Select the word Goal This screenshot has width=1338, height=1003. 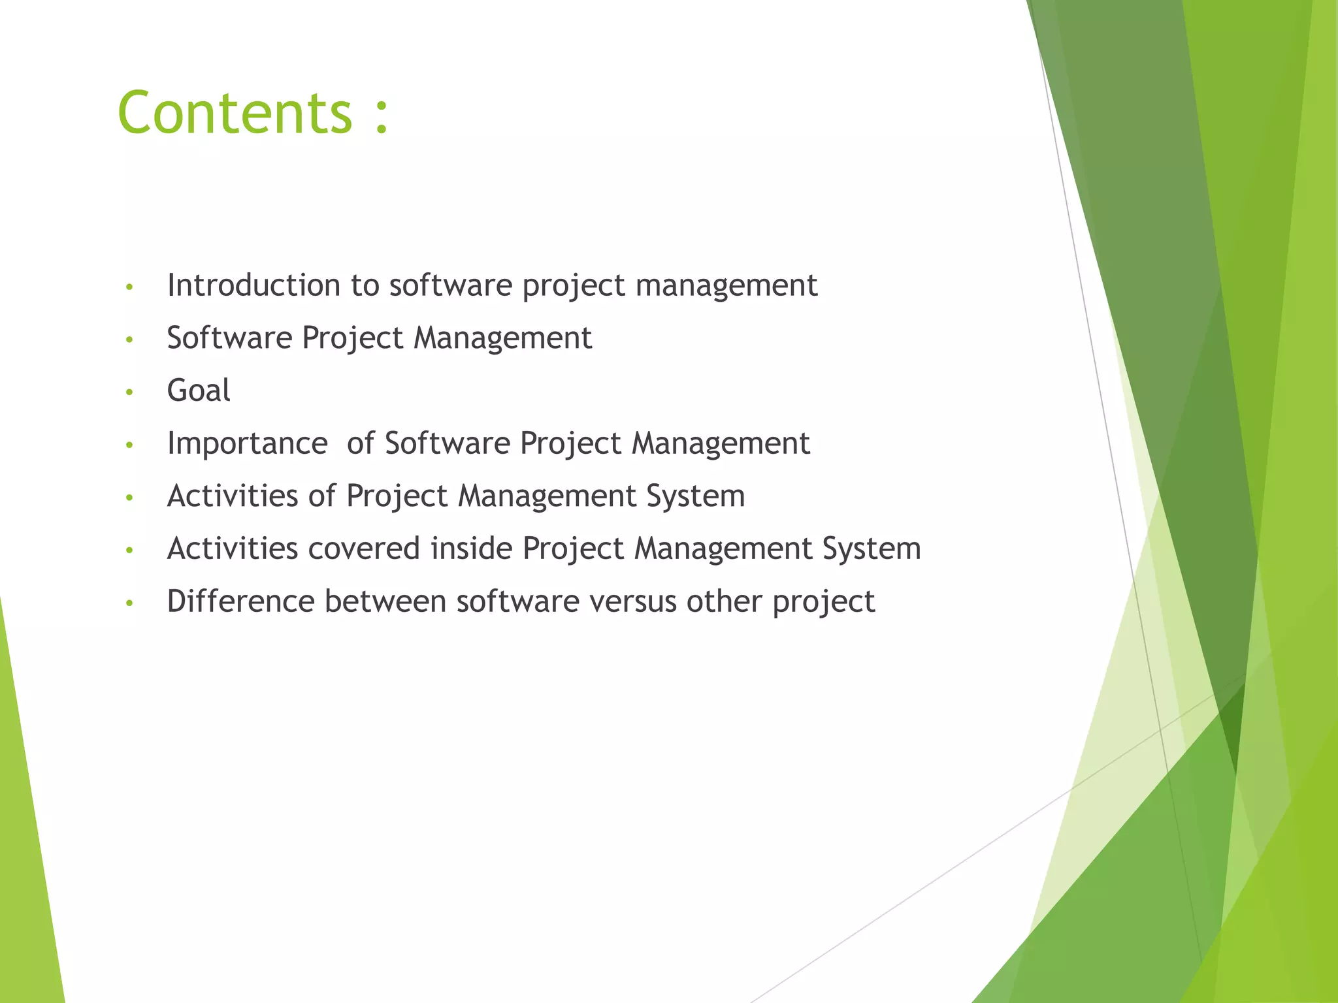pyautogui.click(x=199, y=390)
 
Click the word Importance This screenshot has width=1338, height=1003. pyautogui.click(x=247, y=444)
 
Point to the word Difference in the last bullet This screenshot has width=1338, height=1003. pyautogui.click(x=240, y=601)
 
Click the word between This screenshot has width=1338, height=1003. pyautogui.click(x=385, y=601)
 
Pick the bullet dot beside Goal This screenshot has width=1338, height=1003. pyautogui.click(x=129, y=392)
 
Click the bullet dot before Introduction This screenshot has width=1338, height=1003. pyautogui.click(x=129, y=287)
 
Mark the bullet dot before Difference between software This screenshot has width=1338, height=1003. pyautogui.click(x=129, y=603)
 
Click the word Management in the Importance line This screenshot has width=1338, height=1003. pyautogui.click(x=721, y=444)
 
